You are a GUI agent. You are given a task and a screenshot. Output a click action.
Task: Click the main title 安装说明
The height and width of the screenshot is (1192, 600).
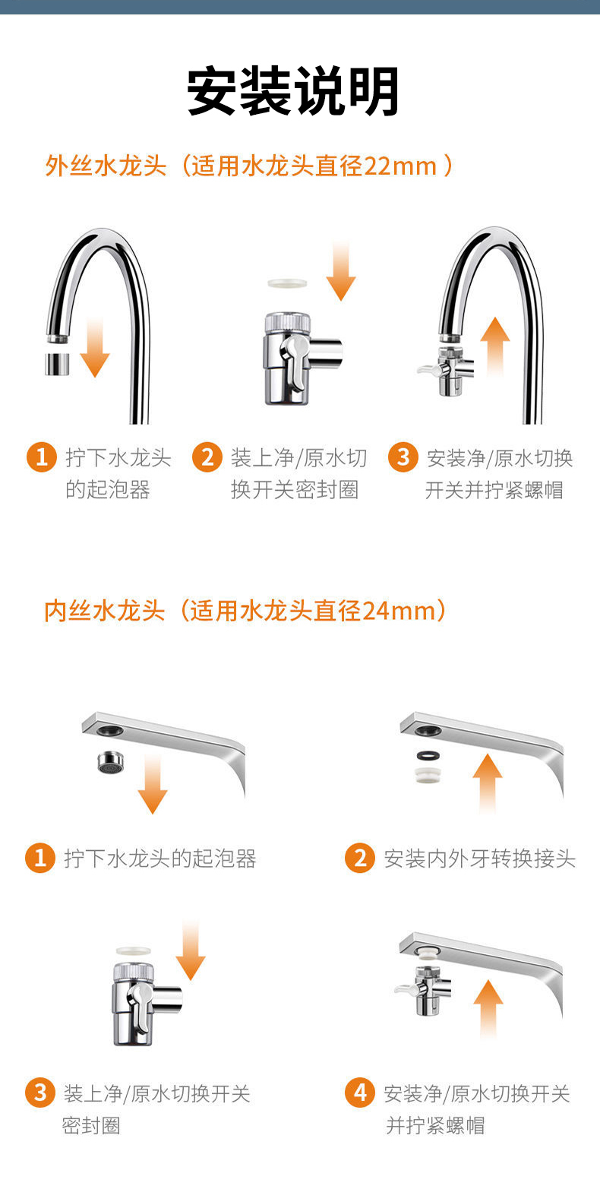tap(292, 91)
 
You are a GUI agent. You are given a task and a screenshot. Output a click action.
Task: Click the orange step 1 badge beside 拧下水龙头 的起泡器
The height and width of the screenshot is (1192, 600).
tap(42, 457)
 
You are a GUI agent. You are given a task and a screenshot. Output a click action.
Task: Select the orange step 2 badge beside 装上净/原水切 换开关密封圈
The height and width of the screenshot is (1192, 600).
tap(207, 457)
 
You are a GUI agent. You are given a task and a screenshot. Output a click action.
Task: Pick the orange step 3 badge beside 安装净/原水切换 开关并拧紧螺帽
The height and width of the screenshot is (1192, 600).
tap(403, 457)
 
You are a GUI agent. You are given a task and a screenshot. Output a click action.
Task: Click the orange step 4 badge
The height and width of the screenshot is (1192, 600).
tap(360, 1092)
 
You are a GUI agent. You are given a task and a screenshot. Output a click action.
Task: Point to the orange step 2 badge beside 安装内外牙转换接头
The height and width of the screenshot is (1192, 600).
tap(360, 858)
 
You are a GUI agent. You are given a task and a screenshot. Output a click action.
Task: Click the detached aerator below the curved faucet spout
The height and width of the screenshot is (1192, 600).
tap(57, 364)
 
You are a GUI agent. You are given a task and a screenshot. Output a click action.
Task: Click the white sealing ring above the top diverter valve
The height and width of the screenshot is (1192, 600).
tap(287, 283)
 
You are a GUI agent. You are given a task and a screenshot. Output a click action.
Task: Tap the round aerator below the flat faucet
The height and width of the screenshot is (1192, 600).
tap(111, 762)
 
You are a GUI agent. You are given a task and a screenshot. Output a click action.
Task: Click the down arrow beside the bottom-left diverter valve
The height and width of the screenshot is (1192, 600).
tap(190, 952)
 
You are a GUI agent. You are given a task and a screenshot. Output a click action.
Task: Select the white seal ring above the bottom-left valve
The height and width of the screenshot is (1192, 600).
tap(134, 950)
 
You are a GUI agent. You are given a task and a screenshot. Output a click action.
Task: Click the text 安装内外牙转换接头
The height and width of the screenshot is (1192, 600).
tap(480, 858)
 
